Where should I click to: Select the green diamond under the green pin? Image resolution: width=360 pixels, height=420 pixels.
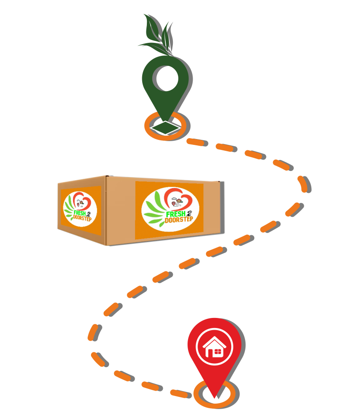[x=166, y=127]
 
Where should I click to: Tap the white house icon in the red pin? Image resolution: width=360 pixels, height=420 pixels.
[x=215, y=346]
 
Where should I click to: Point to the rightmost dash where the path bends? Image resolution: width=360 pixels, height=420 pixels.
[x=302, y=184]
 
